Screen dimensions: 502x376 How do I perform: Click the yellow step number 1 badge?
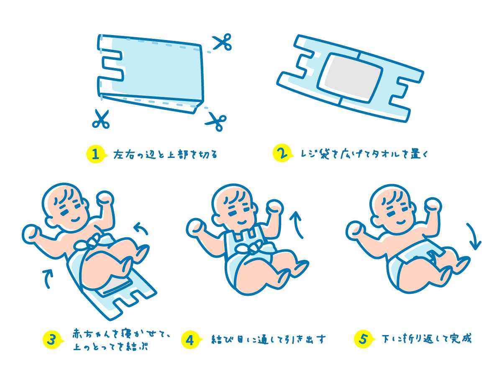[x=96, y=154]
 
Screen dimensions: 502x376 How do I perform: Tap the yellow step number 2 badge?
[x=282, y=153]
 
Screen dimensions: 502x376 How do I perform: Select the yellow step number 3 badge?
[x=53, y=340]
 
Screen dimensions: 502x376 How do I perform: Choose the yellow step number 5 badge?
[x=364, y=339]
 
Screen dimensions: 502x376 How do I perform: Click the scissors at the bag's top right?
[x=222, y=42]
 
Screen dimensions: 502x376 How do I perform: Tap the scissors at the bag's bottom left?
[x=101, y=119]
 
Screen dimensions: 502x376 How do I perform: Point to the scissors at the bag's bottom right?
[x=216, y=122]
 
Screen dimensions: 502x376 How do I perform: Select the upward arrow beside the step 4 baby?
[x=297, y=224]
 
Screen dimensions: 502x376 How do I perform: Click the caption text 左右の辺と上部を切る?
[x=165, y=155]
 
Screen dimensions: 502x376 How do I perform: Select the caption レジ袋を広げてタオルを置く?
[x=364, y=154]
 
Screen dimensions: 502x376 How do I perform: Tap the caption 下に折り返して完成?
[x=427, y=339]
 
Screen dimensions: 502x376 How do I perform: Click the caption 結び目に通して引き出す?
[x=269, y=340]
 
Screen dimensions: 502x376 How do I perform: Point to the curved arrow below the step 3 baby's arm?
[x=48, y=279]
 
